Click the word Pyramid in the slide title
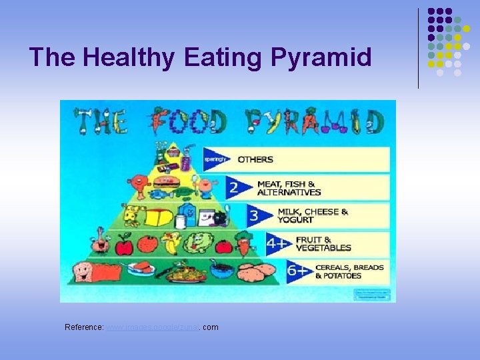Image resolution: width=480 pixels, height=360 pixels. (x=321, y=57)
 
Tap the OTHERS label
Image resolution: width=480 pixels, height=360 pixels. (x=255, y=159)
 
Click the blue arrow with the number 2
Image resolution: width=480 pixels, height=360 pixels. (x=235, y=187)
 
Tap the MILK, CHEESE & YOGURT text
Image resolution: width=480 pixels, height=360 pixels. (x=313, y=216)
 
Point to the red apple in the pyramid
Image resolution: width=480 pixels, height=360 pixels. (x=124, y=247)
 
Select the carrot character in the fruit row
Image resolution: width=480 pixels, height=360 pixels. (x=244, y=243)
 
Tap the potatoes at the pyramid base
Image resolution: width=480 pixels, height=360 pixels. (x=257, y=270)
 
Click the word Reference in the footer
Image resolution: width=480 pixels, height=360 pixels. (x=84, y=327)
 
